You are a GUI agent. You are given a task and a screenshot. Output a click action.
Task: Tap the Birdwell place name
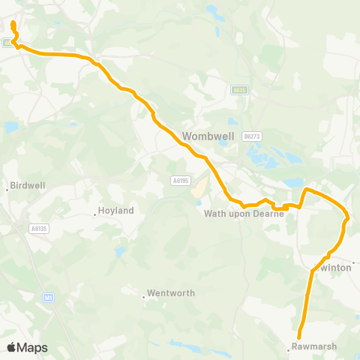27,185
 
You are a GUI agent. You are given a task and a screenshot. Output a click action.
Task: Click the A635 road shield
239,90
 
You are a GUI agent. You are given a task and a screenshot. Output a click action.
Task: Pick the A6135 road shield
39,228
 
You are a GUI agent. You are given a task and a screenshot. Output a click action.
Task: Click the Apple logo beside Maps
12,347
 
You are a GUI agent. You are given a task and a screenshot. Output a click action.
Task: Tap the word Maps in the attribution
33,347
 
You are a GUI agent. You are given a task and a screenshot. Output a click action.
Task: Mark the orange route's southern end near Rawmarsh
299,337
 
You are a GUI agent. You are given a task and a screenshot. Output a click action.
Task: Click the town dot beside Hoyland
94,214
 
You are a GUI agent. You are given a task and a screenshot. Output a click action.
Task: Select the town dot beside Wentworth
143,296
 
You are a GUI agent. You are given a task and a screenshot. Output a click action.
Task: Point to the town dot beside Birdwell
7,188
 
